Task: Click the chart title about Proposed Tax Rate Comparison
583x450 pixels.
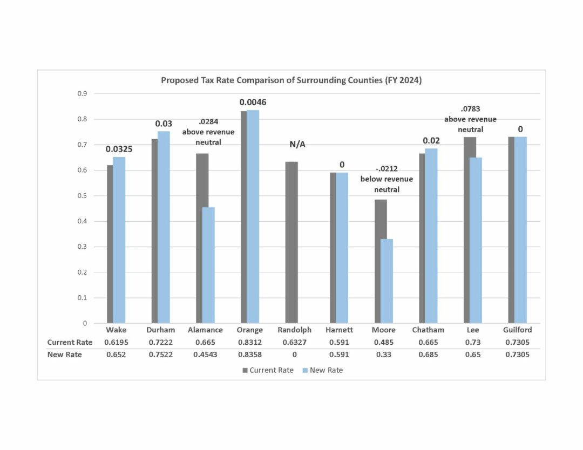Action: (291, 80)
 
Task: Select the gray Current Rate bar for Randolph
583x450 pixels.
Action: (291, 243)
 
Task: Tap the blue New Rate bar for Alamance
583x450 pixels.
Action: (208, 265)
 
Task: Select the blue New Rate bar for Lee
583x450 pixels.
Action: (476, 240)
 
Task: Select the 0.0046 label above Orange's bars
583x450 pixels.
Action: (253, 102)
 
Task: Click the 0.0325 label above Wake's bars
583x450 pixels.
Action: (119, 148)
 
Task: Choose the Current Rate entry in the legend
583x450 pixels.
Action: (268, 370)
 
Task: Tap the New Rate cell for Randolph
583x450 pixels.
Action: (294, 354)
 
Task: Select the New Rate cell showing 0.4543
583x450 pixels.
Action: (205, 354)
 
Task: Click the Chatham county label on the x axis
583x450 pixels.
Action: (428, 330)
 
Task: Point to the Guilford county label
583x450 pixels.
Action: (517, 330)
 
